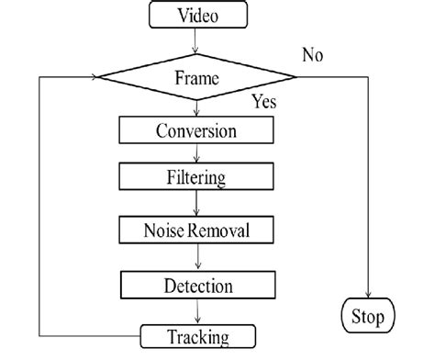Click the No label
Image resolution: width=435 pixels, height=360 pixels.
[x=312, y=55]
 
